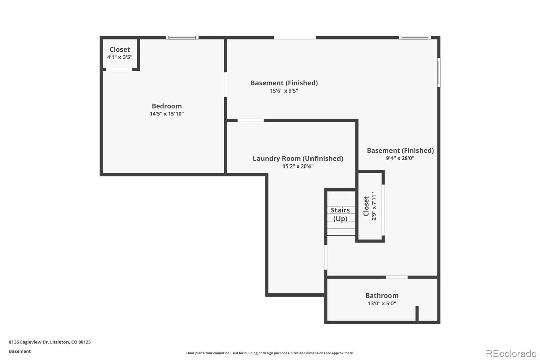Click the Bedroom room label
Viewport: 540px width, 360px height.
click(166, 106)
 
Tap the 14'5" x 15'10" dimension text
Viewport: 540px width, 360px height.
click(166, 114)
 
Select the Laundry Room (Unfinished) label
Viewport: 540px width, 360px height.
click(298, 158)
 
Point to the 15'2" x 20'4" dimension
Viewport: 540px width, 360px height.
click(298, 166)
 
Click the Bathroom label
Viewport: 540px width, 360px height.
click(382, 295)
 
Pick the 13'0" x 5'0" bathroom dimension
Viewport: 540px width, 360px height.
click(382, 303)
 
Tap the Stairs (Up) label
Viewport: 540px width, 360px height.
click(340, 214)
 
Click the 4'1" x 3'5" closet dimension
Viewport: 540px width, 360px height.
click(119, 57)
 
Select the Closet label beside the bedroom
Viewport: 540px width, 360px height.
click(119, 49)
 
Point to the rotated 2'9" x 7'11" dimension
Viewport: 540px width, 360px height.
click(374, 206)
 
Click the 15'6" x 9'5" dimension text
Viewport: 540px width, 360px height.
click(284, 91)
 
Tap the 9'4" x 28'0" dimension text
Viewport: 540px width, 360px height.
click(400, 158)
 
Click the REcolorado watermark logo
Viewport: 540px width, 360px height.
click(511, 353)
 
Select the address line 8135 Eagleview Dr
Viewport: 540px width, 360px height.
click(50, 342)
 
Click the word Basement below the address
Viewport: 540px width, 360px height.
click(20, 351)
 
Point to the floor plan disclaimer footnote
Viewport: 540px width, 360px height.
click(270, 353)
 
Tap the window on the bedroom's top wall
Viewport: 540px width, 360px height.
click(182, 37)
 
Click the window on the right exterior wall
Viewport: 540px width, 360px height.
click(439, 72)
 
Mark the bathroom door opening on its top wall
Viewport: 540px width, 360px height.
click(397, 277)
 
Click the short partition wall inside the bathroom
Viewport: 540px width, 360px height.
click(417, 314)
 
